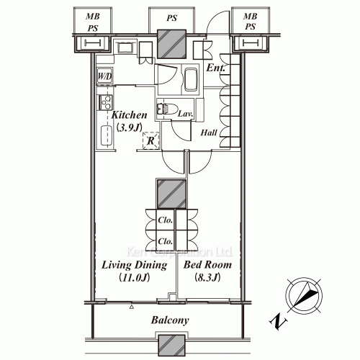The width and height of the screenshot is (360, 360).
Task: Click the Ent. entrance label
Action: coord(215,68)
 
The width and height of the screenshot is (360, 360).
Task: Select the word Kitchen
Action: coord(129,115)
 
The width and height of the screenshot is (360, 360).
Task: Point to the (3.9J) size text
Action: coord(128,127)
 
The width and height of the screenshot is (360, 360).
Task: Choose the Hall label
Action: coord(210,133)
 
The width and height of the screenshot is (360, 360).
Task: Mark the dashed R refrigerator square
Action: coord(150,141)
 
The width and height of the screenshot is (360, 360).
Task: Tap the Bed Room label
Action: coord(207,264)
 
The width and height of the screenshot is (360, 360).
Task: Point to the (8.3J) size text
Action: coord(207,277)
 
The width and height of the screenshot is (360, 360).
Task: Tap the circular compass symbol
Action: coord(303,296)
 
